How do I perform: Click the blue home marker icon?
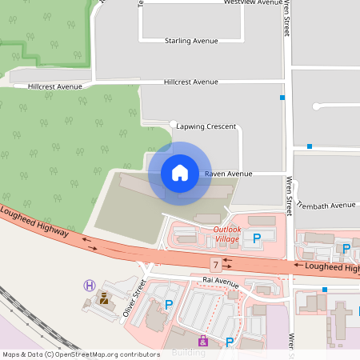coord(180,173)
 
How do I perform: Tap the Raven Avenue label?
coord(228,174)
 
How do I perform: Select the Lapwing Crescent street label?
coord(206,126)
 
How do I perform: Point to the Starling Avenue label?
coord(191,41)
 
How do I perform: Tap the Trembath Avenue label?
coord(326,205)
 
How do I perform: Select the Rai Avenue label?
coord(221,282)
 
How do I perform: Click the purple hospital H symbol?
coord(90,285)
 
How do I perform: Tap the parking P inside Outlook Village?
coord(257,238)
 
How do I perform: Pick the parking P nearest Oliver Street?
coord(169,304)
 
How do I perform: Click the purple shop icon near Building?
coord(202,341)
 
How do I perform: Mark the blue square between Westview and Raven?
coord(282,98)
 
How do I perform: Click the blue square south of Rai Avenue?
coord(324,290)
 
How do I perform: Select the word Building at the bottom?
coord(189,353)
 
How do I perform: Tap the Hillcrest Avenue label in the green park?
coord(55,86)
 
